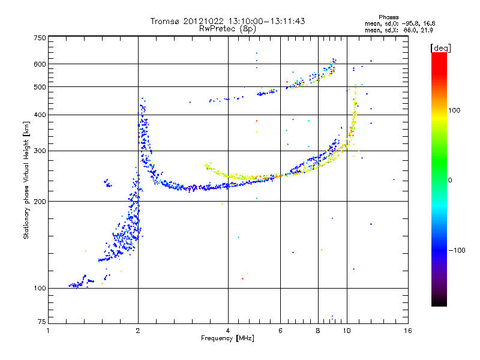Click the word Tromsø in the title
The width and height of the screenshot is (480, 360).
pos(165,21)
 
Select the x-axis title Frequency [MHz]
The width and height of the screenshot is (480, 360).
pos(228,339)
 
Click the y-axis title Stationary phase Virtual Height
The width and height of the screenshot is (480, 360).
pos(26,181)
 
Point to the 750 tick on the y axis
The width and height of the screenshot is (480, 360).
pos(40,38)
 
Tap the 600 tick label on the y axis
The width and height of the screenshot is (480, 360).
pos(40,64)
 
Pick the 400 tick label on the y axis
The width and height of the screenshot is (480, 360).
pos(40,115)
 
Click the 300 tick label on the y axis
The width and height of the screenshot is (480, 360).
pos(40,151)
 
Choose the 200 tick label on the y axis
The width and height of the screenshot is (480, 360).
pos(40,202)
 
